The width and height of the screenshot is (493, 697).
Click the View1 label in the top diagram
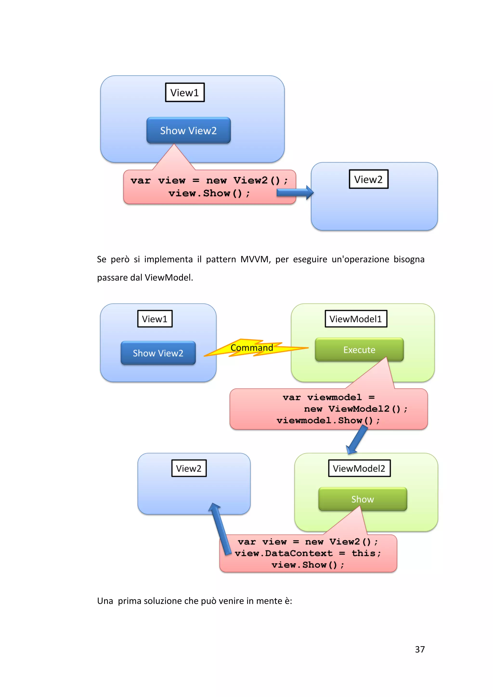(185, 92)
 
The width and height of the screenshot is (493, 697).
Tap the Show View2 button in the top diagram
(188, 131)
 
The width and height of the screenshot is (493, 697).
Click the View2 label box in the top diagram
(369, 179)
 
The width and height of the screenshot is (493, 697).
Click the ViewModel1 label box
(356, 319)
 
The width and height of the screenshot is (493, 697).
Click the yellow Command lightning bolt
(252, 348)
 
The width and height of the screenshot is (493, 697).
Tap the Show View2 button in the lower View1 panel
(158, 353)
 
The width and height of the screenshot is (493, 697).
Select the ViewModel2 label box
(359, 468)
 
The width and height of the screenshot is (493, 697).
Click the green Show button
(362, 499)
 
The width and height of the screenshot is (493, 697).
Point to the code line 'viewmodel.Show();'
(328, 421)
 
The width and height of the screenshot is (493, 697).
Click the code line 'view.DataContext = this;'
(307, 553)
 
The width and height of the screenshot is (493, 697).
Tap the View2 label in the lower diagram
(189, 468)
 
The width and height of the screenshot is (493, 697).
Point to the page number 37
(420, 649)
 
